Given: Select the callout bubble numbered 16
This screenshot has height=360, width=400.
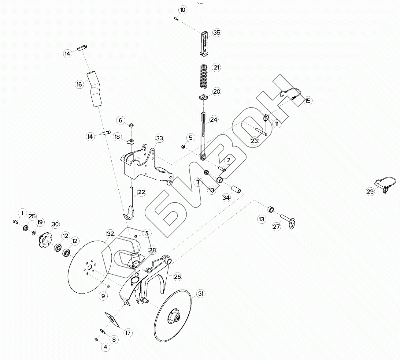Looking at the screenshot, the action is tap(79, 84).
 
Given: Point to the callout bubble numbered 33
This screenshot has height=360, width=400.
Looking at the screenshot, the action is tap(159, 138).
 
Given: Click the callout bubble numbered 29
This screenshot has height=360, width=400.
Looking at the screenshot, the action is tap(370, 192).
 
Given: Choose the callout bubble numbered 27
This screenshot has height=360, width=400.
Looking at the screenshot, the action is tap(276, 227).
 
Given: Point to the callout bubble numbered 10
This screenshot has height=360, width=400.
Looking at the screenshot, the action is tap(183, 10).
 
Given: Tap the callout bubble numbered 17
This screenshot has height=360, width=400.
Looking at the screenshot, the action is tap(128, 333).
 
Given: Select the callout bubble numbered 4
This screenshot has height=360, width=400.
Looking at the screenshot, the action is tap(105, 347).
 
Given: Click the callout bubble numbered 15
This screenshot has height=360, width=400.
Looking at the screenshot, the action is tap(308, 101).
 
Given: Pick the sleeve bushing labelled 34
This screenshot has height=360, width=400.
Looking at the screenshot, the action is tap(237, 189).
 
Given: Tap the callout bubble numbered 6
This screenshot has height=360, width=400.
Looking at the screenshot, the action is tap(120, 120).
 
